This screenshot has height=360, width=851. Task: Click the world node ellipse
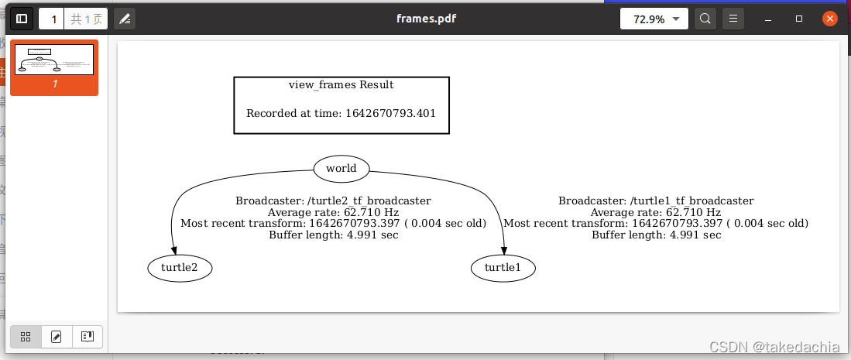pyautogui.click(x=341, y=168)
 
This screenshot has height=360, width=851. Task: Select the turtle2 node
pyautogui.click(x=180, y=268)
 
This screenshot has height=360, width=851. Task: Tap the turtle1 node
pyautogui.click(x=503, y=268)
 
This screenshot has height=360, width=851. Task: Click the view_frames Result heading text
pyautogui.click(x=341, y=84)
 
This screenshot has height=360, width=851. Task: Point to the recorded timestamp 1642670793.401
pyautogui.click(x=390, y=113)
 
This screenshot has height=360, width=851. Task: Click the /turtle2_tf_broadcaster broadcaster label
pyautogui.click(x=333, y=201)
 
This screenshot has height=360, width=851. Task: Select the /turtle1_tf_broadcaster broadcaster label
pyautogui.click(x=656, y=201)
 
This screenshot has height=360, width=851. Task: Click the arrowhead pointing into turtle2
pyautogui.click(x=173, y=250)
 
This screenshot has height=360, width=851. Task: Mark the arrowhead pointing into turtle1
pyautogui.click(x=504, y=250)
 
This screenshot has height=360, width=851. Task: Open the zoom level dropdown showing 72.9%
pyautogui.click(x=654, y=19)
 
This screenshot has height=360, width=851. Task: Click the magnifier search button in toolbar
pyautogui.click(x=705, y=19)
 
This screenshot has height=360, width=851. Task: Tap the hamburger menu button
pyautogui.click(x=733, y=19)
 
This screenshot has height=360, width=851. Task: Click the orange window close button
pyautogui.click(x=830, y=19)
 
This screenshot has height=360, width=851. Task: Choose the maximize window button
pyautogui.click(x=799, y=19)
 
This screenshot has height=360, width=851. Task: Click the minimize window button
pyautogui.click(x=769, y=19)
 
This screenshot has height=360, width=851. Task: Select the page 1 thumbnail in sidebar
pyautogui.click(x=54, y=60)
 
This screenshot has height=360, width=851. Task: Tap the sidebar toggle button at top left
pyautogui.click(x=22, y=19)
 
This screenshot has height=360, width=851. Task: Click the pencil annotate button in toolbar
pyautogui.click(x=125, y=19)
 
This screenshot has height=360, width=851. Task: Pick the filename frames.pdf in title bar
pyautogui.click(x=426, y=19)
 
